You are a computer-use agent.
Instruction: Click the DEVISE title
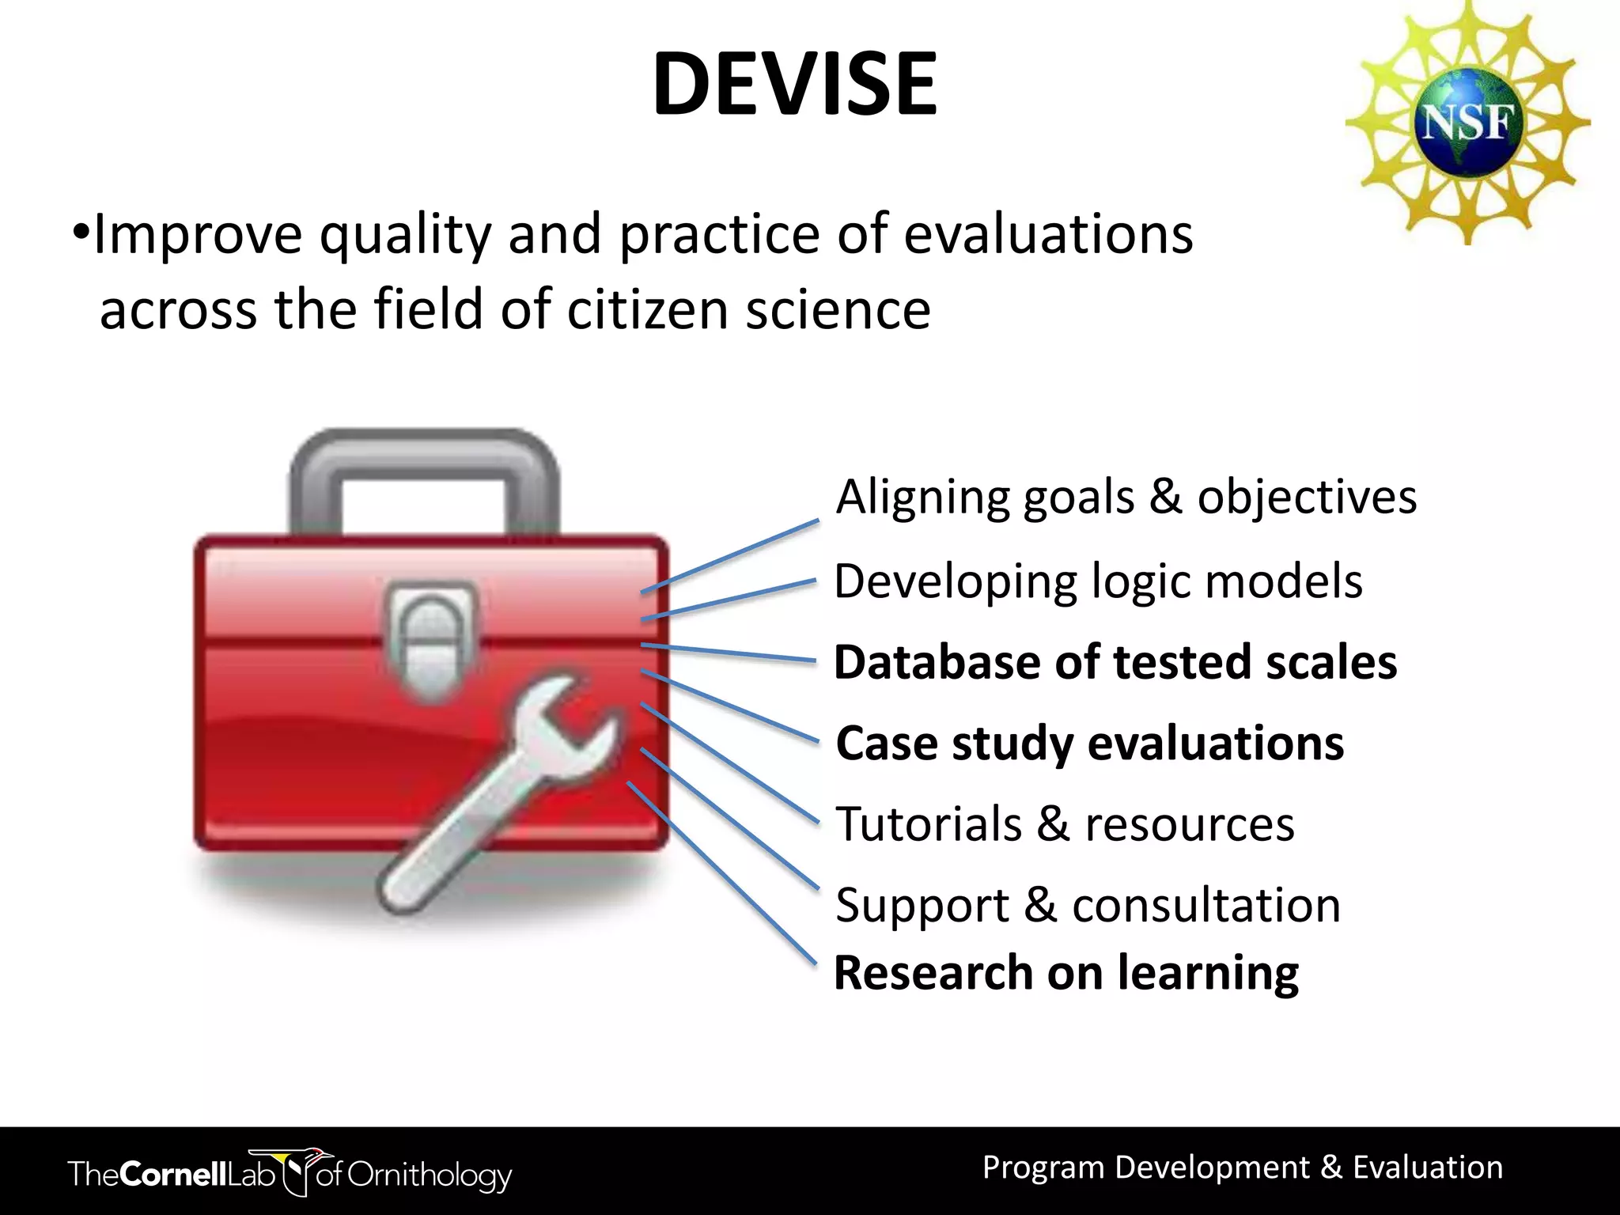tap(794, 84)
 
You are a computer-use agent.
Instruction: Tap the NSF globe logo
tap(1467, 123)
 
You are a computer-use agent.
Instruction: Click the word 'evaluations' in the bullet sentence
tap(1047, 235)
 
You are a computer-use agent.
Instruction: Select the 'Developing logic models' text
tap(1098, 581)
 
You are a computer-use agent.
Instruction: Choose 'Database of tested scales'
tap(1115, 662)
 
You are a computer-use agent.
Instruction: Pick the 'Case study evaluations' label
tap(1089, 744)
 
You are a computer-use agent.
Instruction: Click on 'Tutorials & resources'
tap(1065, 824)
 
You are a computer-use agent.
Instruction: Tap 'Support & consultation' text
tap(1088, 905)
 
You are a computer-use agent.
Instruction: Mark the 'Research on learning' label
tap(1065, 973)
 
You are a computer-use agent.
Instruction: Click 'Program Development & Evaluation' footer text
tap(1242, 1168)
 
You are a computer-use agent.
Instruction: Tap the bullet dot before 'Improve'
tap(80, 233)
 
